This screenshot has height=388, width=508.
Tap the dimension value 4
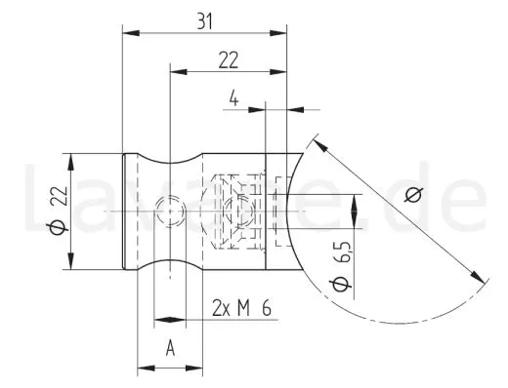[x=233, y=97]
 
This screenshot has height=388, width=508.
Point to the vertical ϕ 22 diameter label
[x=55, y=212]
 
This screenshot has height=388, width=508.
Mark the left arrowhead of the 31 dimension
[x=129, y=31]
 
